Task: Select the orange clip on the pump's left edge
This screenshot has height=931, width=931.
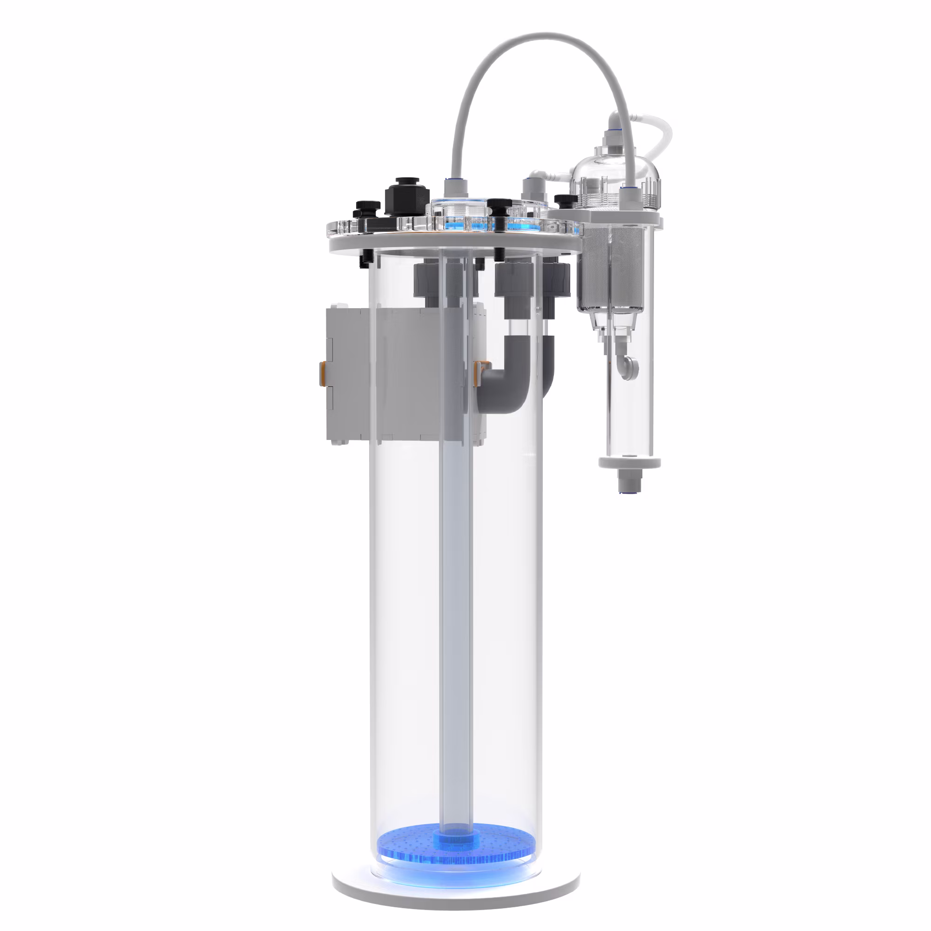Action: click(323, 372)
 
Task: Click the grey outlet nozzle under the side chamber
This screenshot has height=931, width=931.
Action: click(625, 480)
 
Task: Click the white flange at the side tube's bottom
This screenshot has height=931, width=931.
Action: click(629, 463)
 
